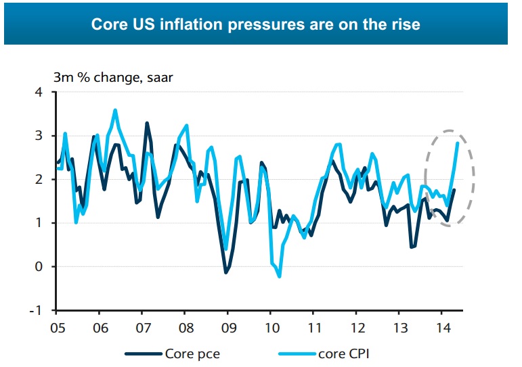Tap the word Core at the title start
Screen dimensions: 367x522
(x=108, y=25)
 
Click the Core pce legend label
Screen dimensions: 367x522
(x=192, y=353)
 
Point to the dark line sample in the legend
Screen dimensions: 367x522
(x=143, y=353)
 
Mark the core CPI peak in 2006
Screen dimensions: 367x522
(x=115, y=109)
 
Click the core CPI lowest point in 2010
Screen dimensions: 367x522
(x=280, y=276)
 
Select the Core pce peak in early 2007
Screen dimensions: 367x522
(x=147, y=123)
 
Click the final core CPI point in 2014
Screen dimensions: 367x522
(x=458, y=143)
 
